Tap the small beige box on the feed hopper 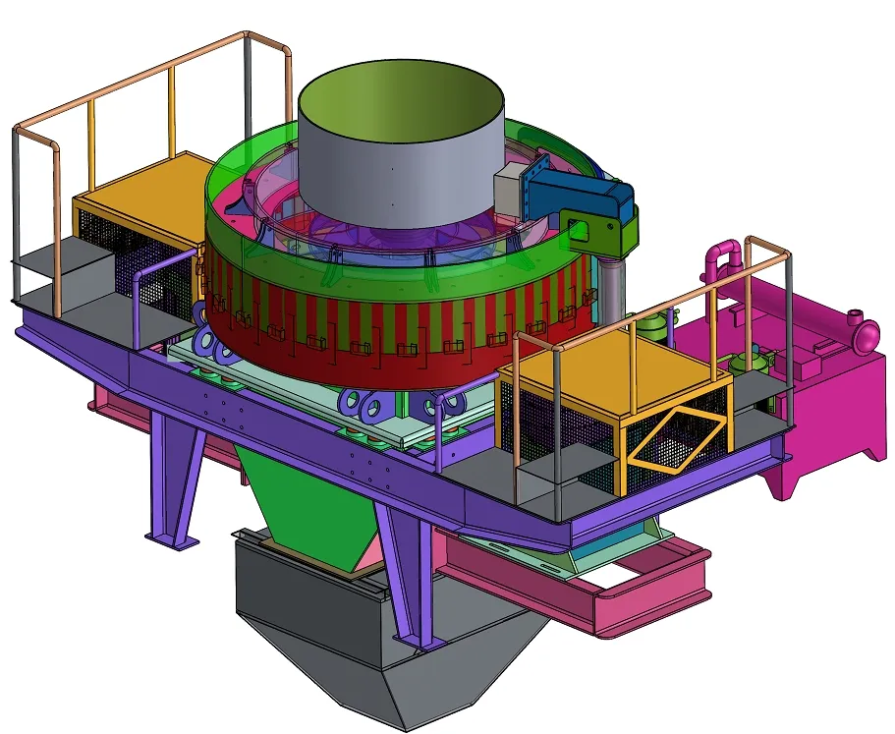[510, 186]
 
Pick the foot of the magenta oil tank [787, 481]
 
